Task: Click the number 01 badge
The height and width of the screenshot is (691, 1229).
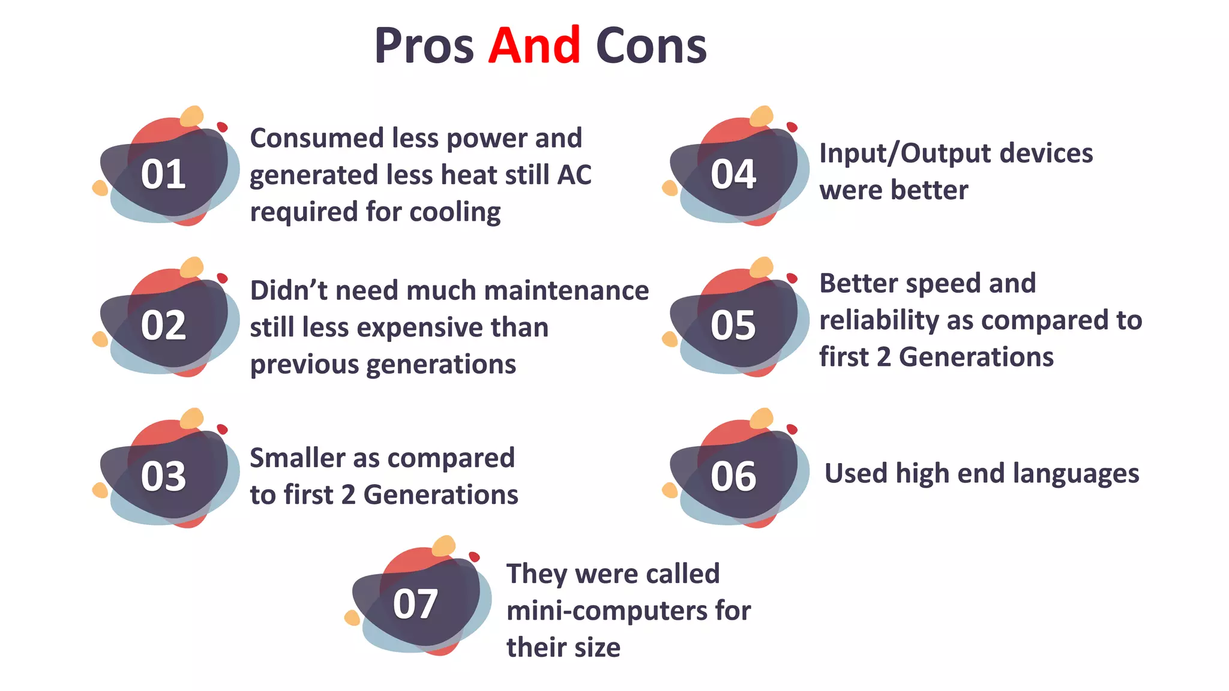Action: click(163, 175)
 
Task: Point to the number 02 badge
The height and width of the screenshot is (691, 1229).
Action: click(163, 326)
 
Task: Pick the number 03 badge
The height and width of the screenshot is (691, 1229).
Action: click(163, 477)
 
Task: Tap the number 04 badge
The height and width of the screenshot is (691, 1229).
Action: click(733, 175)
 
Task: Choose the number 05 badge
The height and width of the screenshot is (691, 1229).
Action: click(733, 326)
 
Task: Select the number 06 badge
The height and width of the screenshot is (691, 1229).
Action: click(733, 477)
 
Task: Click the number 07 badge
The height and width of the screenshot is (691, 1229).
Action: click(415, 604)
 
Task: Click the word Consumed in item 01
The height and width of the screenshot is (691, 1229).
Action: click(316, 138)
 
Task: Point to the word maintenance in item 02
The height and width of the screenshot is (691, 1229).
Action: click(566, 290)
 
